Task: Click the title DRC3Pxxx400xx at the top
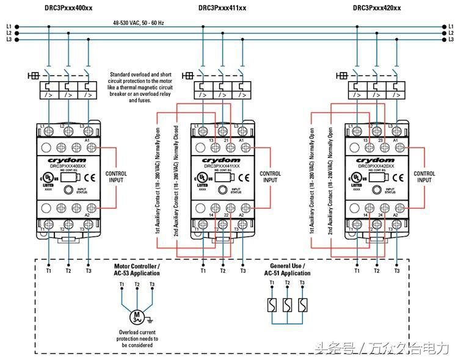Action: point(68,7)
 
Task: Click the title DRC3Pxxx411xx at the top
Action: point(222,7)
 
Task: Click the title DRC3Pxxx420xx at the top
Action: point(377,7)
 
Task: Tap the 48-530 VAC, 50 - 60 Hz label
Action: point(138,23)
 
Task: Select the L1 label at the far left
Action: point(9,26)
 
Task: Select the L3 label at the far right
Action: point(451,40)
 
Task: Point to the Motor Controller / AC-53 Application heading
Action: point(137,270)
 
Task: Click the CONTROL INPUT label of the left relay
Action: point(117,177)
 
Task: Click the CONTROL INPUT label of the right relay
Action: point(424,177)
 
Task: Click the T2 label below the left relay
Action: point(68,270)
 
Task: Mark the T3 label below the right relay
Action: point(397,270)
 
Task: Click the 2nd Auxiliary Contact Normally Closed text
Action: point(175,182)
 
